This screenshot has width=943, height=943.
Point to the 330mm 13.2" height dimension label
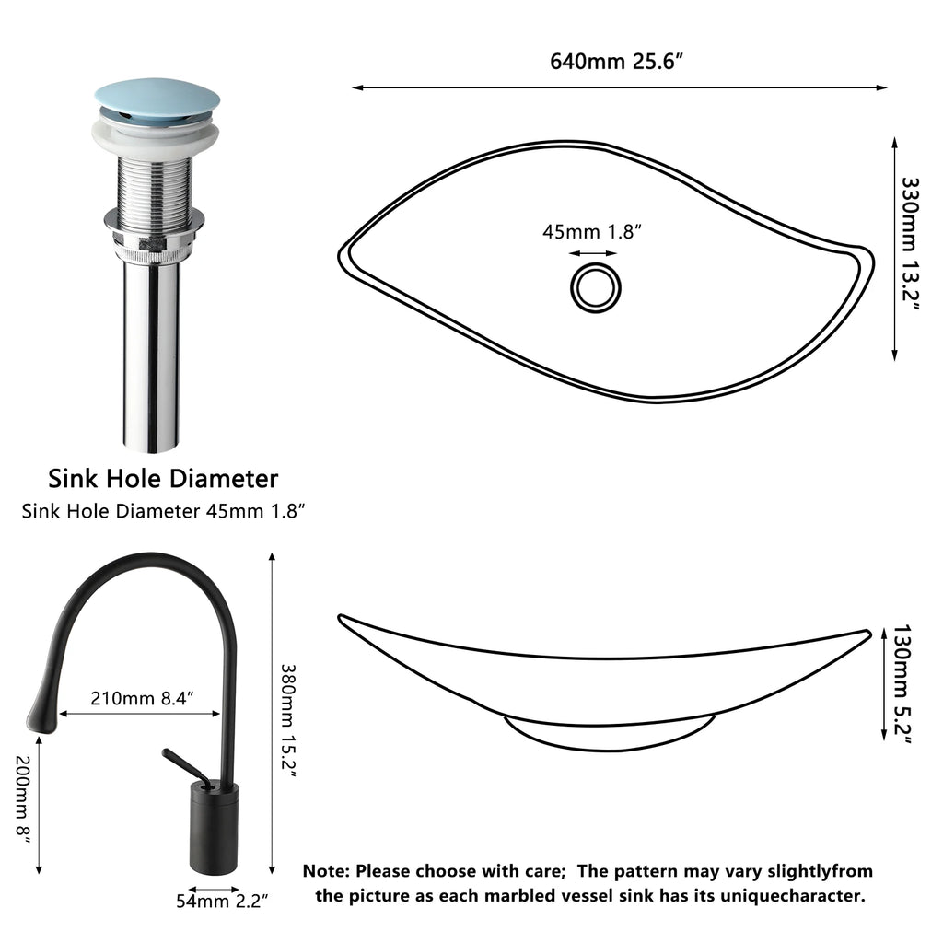pos(909,247)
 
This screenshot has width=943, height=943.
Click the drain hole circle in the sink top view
pos(594,286)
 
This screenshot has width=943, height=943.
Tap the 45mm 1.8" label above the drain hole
pos(591,231)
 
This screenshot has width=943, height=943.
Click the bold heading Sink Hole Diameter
pos(162,478)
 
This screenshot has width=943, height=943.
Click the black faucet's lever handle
pos(184,766)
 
